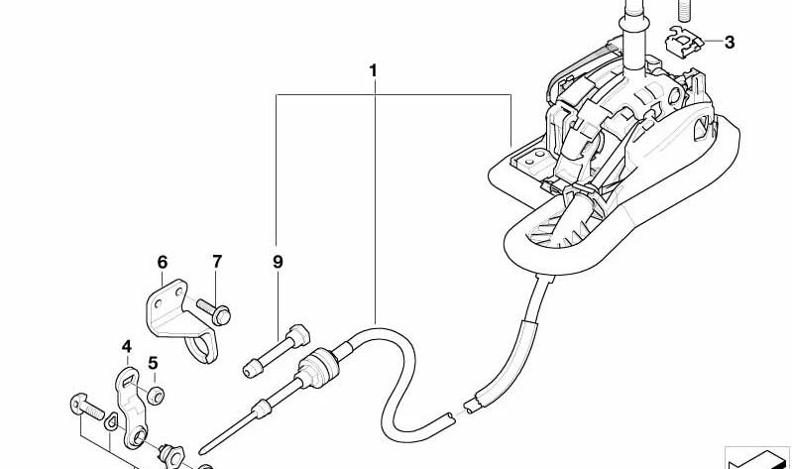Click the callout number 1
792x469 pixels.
[374, 70]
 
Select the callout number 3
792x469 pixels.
[729, 43]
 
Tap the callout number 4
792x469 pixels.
[127, 347]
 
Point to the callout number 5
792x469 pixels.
[153, 363]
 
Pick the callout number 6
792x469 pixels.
[163, 263]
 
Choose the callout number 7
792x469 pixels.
[217, 262]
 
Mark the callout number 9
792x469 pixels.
[278, 262]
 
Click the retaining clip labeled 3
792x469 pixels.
[685, 41]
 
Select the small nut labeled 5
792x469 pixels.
[156, 396]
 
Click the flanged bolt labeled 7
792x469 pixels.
[214, 311]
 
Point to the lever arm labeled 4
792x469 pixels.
[130, 407]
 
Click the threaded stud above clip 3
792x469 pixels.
[683, 10]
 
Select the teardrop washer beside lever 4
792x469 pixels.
[111, 421]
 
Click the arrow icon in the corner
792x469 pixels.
[757, 458]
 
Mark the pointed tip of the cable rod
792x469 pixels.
[202, 451]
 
